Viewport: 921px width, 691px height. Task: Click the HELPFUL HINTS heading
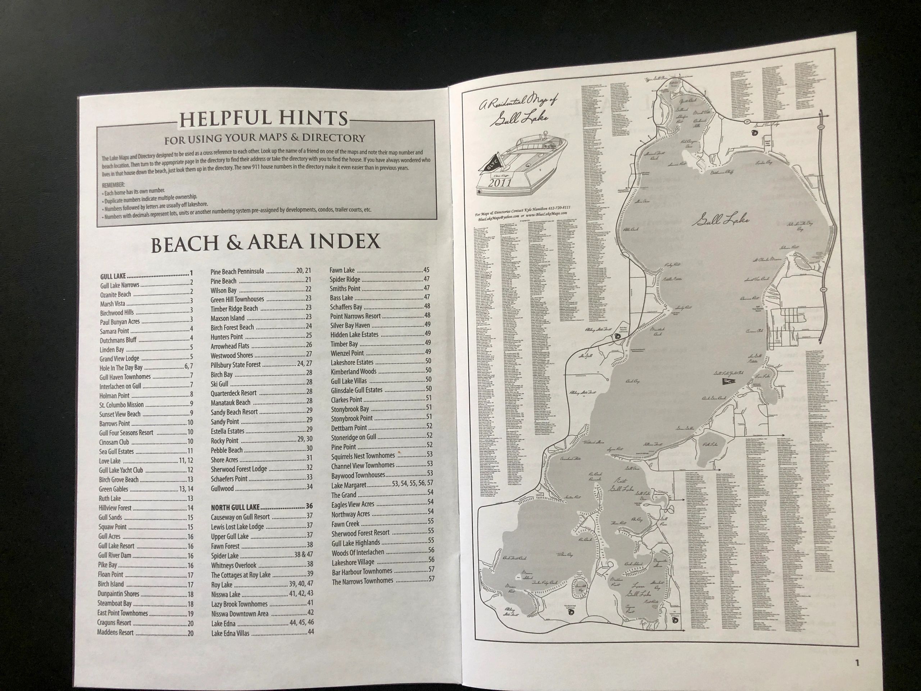tap(263, 119)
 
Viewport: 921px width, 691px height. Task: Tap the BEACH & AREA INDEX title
tap(265, 243)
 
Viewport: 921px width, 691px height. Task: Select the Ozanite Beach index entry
tap(115, 294)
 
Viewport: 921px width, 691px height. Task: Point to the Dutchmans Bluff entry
tap(118, 340)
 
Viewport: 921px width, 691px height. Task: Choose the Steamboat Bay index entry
tap(114, 604)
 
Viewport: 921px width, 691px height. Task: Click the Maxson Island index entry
tap(227, 318)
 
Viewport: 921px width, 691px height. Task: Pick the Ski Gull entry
tap(219, 384)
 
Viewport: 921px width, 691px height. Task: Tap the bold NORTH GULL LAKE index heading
tap(235, 507)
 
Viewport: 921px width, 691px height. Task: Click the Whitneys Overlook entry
tap(233, 565)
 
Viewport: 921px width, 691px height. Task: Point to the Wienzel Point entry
tap(347, 353)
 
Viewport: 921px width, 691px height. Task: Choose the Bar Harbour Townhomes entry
tap(362, 572)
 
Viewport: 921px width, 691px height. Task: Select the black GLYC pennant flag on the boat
tap(489, 167)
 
